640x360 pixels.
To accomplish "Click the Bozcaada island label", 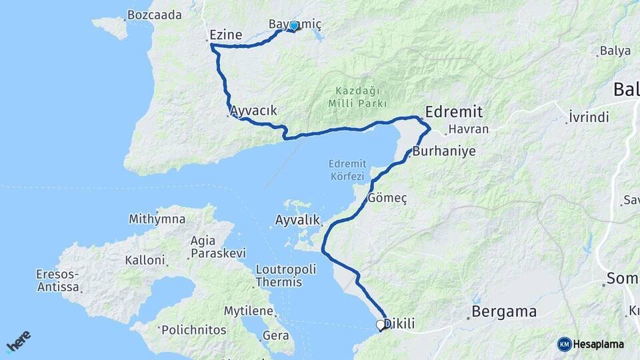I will click(154, 15).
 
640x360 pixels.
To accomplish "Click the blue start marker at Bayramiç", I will click(293, 26).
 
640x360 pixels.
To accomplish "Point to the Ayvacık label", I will click(253, 111).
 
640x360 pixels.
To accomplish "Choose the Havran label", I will click(469, 129).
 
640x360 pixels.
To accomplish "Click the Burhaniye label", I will click(444, 151).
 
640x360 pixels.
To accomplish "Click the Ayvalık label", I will click(298, 219).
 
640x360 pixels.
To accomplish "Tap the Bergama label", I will click(504, 311).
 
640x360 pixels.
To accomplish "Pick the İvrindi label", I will click(589, 117).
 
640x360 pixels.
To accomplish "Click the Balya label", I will click(615, 51).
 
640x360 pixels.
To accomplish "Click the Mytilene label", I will click(249, 311).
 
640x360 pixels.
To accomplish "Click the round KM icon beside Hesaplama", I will click(565, 344).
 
